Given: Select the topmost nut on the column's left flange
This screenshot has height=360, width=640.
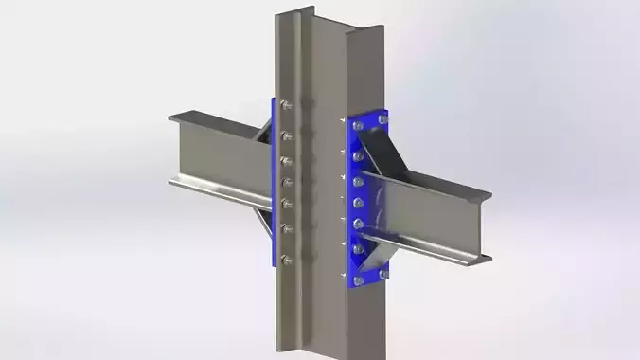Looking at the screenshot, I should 285,106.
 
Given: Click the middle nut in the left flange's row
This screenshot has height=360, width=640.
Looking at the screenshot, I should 286,181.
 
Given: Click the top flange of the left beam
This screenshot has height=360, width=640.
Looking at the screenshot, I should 213,120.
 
